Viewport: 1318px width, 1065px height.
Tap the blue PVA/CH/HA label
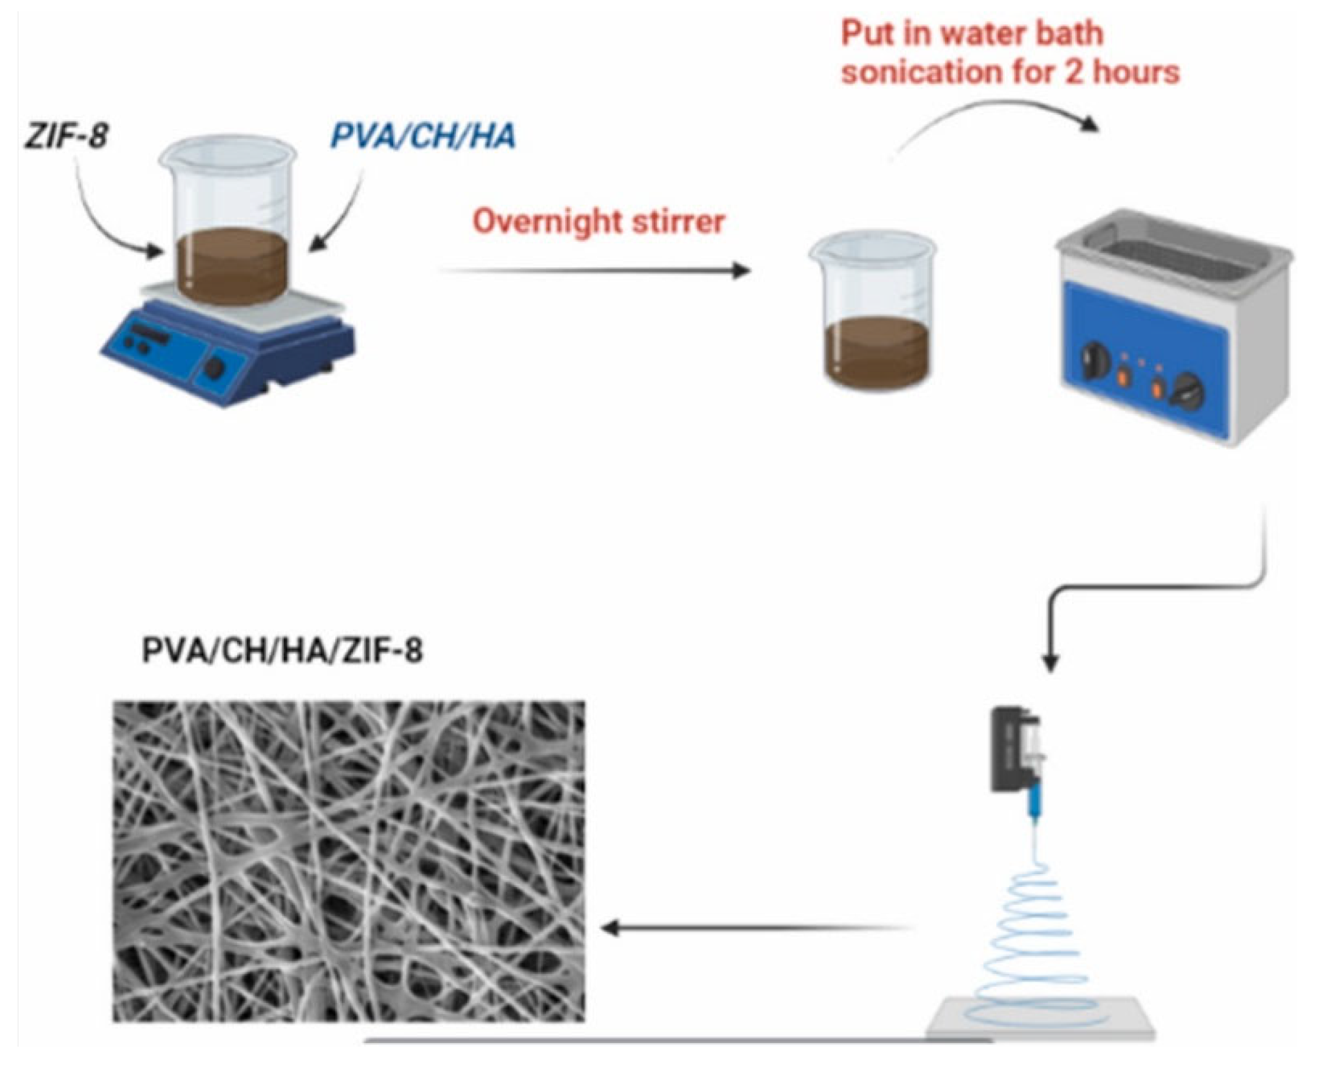coord(423,135)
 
